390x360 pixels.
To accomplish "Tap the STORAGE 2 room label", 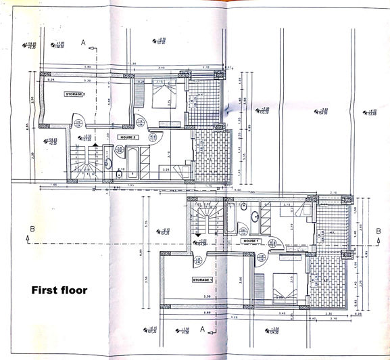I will pyautogui.click(x=74, y=94).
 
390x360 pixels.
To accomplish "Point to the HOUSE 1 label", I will pyautogui.click(x=251, y=241).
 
